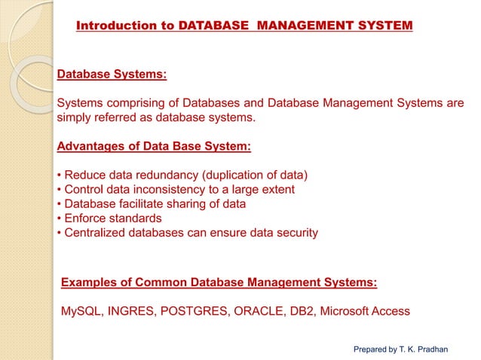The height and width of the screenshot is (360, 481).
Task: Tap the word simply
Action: [75, 118]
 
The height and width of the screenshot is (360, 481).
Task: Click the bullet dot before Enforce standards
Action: [59, 218]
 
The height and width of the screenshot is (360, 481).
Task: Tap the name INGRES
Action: [130, 311]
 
